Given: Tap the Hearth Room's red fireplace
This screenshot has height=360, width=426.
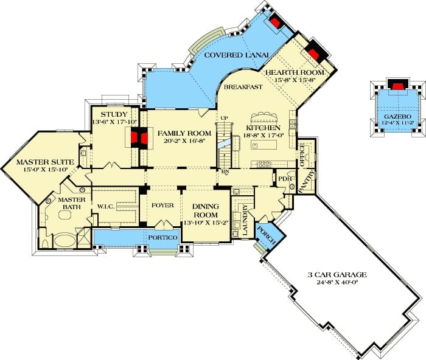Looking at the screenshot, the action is pyautogui.click(x=314, y=55).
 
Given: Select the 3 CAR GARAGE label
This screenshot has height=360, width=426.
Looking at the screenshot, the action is pyautogui.click(x=337, y=275).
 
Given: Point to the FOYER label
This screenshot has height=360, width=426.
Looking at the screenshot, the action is pyautogui.click(x=162, y=206).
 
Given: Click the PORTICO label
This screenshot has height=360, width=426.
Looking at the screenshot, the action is pyautogui.click(x=162, y=238).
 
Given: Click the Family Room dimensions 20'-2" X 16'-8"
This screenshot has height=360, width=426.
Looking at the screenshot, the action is pyautogui.click(x=184, y=140).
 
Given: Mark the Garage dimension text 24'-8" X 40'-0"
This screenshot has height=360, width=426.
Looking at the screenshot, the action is pyautogui.click(x=337, y=282).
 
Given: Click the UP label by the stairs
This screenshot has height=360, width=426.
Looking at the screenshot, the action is pyautogui.click(x=224, y=118).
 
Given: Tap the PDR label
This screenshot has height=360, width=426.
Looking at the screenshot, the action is pyautogui.click(x=285, y=179).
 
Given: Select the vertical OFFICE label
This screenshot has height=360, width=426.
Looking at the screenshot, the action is pyautogui.click(x=302, y=155).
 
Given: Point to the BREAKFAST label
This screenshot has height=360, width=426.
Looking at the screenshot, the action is pyautogui.click(x=243, y=87).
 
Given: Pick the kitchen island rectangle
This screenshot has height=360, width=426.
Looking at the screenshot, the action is pyautogui.click(x=264, y=144).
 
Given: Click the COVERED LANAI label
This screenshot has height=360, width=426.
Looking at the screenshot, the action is pyautogui.click(x=236, y=55).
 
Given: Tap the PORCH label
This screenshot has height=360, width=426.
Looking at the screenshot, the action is pyautogui.click(x=267, y=235).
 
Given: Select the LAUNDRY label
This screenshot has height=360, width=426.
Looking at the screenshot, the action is pyautogui.click(x=245, y=220).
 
